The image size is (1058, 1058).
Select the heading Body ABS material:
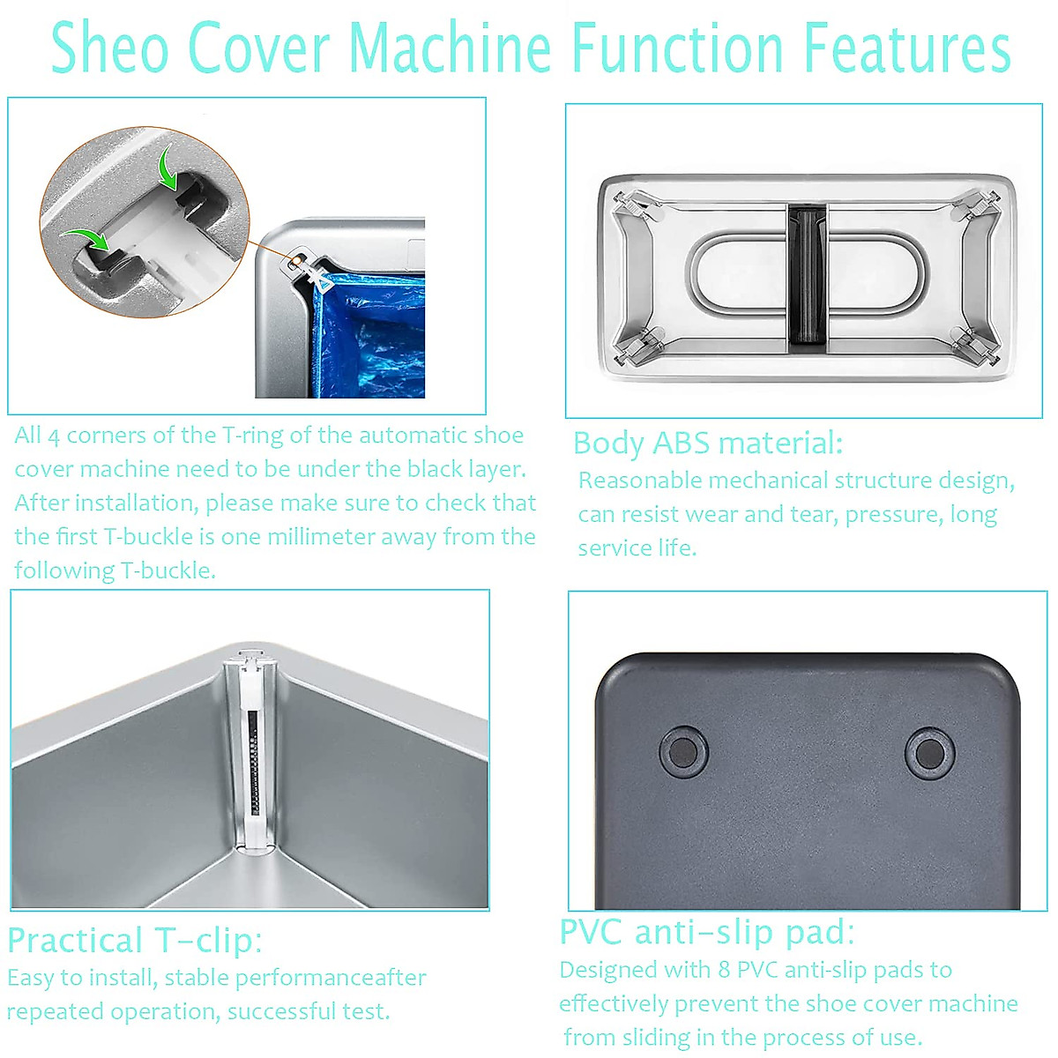pos(707,443)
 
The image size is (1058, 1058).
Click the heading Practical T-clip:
pos(134,940)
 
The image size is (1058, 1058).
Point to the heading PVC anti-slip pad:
pos(706,931)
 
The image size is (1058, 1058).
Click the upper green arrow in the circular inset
pos(168,168)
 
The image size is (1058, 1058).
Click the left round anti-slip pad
pos(683,752)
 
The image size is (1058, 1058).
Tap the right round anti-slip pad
pos(928,752)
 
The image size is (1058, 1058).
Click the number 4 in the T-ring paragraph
pos(54,436)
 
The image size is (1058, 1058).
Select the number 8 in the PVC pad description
pos(724,970)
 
